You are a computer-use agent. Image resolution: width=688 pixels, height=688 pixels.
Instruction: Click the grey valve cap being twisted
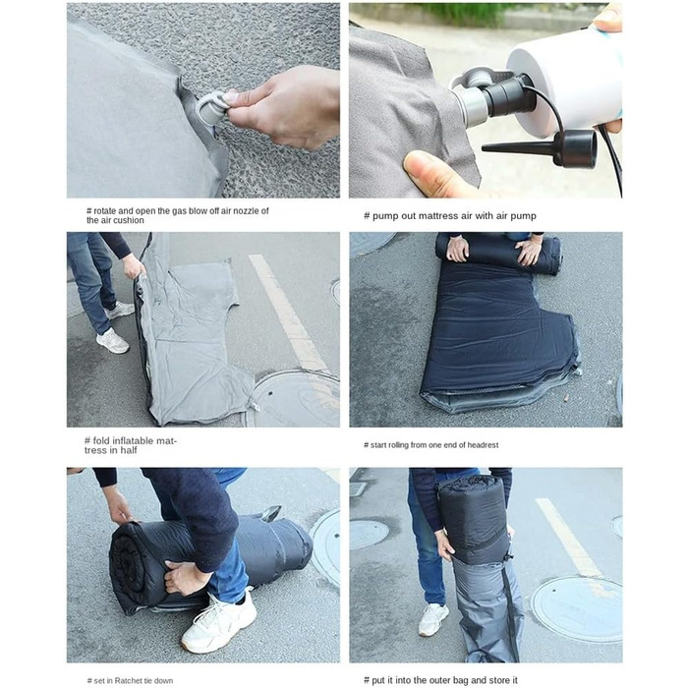pyautogui.click(x=209, y=109)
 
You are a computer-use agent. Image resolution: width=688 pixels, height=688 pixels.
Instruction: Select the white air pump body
pyautogui.click(x=567, y=79)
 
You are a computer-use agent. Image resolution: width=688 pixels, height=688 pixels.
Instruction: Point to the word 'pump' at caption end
pyautogui.click(x=524, y=216)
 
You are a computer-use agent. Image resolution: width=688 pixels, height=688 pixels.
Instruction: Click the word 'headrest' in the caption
pyautogui.click(x=483, y=445)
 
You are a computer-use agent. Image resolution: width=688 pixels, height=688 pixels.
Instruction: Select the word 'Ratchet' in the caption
pyautogui.click(x=127, y=680)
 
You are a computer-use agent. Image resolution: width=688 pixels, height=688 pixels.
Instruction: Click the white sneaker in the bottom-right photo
pyautogui.click(x=433, y=619)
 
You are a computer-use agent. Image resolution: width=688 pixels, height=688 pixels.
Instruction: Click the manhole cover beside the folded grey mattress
pyautogui.click(x=295, y=398)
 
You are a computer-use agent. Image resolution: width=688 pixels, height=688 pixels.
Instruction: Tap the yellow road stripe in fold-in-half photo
pyautogui.click(x=287, y=313)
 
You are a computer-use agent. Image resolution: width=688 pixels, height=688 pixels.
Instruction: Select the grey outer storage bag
pyautogui.click(x=487, y=610)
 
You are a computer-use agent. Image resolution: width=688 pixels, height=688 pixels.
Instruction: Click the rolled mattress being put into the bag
pyautogui.click(x=475, y=519)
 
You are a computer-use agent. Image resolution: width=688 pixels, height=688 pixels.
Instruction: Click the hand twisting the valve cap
pyautogui.click(x=281, y=107)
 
